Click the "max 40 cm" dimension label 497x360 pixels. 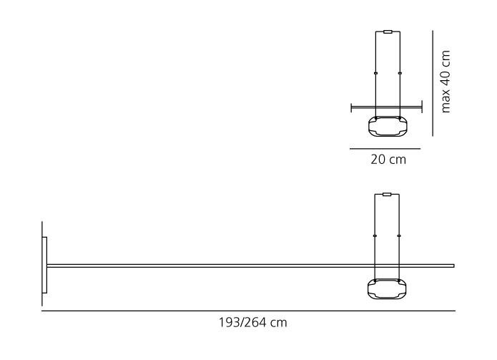click(x=446, y=82)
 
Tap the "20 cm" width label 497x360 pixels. click(x=388, y=160)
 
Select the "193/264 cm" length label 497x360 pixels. click(x=253, y=323)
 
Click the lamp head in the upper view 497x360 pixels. click(x=388, y=126)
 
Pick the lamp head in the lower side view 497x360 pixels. click(x=387, y=288)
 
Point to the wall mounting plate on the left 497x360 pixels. click(x=44, y=265)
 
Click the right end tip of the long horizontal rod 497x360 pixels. click(x=454, y=266)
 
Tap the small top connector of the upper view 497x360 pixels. click(x=388, y=31)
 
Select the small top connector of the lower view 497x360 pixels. click(x=387, y=195)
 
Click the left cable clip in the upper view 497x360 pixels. click(x=375, y=73)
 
